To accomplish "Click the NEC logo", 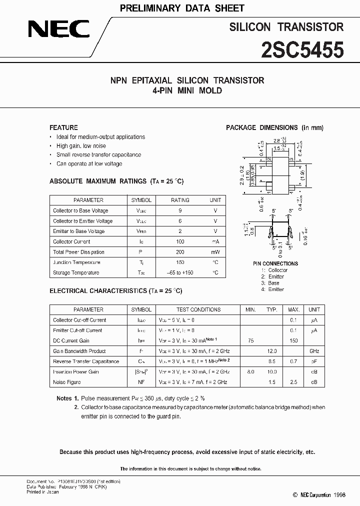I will [58, 29].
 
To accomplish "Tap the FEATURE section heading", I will [63, 127].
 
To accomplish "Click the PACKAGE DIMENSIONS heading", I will [274, 127].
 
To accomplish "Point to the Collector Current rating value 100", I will [180, 241].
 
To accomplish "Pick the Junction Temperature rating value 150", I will [180, 262].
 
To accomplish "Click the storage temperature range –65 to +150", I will [180, 273].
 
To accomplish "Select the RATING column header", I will [180, 200].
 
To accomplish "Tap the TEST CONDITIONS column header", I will [198, 309].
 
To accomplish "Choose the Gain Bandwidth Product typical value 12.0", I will [271, 351].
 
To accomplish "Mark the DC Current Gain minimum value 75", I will [250, 340].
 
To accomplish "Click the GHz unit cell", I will [314, 351].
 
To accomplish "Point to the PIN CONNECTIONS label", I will [275, 263].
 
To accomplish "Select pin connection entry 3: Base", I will [270, 283].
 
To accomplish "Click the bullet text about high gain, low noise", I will [81, 146].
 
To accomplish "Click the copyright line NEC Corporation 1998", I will [322, 495].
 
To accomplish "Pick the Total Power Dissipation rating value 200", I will [180, 252].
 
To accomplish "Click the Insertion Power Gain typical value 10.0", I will [271, 372].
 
